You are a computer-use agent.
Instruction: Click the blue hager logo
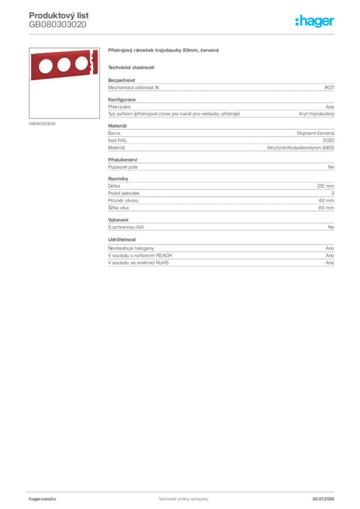coord(316,21)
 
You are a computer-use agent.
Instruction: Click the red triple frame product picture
coord(63,66)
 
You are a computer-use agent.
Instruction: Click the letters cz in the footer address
coord(54,498)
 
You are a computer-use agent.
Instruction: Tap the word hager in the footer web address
coord(35,498)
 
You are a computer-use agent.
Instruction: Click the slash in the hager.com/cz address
coord(51,498)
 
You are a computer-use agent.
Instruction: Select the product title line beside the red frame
coord(165,51)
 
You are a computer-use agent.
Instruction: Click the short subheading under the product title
coord(131,68)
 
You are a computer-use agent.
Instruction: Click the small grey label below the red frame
coord(44,123)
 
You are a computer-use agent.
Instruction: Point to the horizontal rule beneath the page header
coord(182,34)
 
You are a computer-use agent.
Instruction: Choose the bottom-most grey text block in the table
coord(220,260)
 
